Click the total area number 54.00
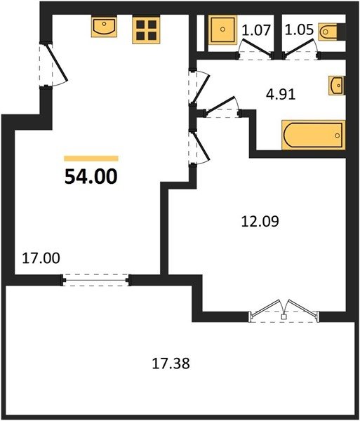[91, 177]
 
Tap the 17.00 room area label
[41, 258]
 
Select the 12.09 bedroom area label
[260, 222]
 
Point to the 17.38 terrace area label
[171, 363]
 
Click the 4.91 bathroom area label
[281, 95]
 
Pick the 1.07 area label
[256, 29]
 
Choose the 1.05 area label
[299, 29]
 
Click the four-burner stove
[147, 29]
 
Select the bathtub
[313, 135]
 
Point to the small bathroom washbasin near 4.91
[337, 86]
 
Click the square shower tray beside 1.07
[222, 29]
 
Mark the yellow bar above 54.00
[91, 159]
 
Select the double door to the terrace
[285, 312]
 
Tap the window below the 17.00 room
[96, 280]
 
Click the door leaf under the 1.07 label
[257, 48]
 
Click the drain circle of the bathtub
[338, 135]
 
